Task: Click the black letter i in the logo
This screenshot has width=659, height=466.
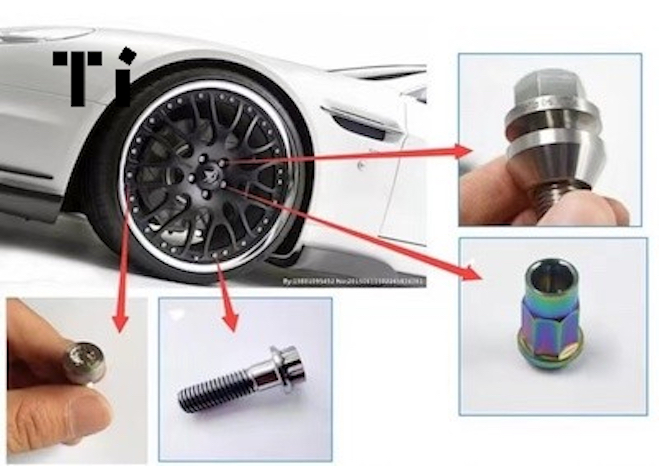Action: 120,81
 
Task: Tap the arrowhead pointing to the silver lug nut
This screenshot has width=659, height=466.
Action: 464,151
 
